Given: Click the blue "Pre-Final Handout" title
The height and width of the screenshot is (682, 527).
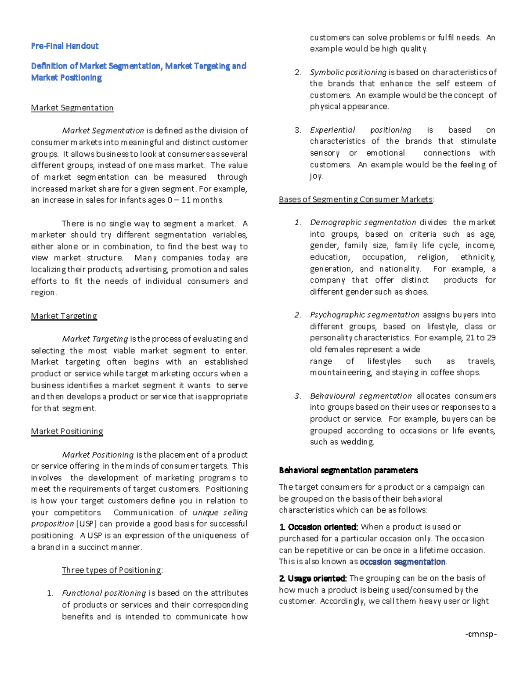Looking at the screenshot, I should click(x=65, y=46).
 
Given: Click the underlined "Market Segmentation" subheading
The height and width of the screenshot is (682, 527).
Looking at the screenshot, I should click(x=72, y=108).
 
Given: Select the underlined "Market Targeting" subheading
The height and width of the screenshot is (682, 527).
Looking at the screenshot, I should click(x=64, y=316).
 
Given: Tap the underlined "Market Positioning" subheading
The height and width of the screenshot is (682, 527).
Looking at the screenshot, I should click(x=67, y=431).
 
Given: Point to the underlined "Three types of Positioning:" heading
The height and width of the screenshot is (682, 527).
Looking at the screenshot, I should click(x=112, y=570).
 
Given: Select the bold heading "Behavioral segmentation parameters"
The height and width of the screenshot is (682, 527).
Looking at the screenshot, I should click(x=348, y=470).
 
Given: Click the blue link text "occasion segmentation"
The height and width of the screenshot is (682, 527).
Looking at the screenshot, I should click(x=402, y=562).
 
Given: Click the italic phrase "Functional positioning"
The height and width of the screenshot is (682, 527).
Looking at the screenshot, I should click(x=104, y=593).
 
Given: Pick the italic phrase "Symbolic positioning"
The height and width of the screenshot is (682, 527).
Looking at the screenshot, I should click(x=348, y=72).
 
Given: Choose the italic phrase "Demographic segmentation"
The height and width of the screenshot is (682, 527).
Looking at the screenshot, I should click(x=363, y=222).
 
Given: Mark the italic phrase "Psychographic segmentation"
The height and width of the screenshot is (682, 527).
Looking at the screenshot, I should click(x=365, y=315).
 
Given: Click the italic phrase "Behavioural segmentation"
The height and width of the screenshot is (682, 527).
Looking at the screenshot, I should click(x=361, y=396).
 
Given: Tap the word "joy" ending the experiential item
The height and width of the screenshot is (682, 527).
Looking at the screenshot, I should click(x=316, y=176).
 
